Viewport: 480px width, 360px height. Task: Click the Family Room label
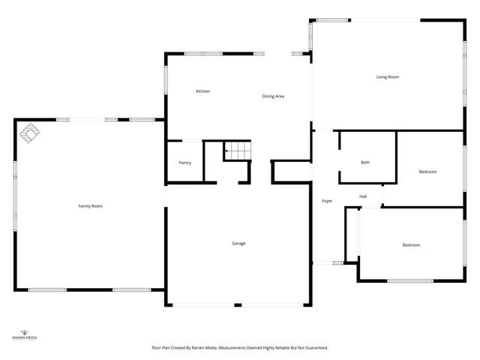(x=91, y=205)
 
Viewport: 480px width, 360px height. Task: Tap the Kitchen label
(x=203, y=91)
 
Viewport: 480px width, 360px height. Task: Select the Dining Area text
(x=273, y=96)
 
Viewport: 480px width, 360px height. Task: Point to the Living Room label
(x=387, y=77)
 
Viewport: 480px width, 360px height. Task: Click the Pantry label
(x=184, y=163)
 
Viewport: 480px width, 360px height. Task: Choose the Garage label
(x=238, y=243)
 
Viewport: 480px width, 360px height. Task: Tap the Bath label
(x=365, y=162)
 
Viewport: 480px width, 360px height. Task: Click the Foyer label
(x=327, y=201)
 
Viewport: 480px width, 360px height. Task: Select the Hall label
(x=363, y=196)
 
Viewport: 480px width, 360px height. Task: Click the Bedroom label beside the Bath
(x=427, y=172)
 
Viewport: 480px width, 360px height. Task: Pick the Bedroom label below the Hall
(x=411, y=245)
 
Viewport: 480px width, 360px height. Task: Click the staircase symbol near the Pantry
(x=238, y=151)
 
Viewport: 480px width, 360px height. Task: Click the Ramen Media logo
(x=25, y=334)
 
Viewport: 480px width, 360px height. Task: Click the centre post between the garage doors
(x=238, y=304)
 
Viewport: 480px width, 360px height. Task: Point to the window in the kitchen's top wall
(x=203, y=53)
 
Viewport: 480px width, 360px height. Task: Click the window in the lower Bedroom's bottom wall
(x=409, y=280)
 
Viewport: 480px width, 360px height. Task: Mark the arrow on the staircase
(x=227, y=151)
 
